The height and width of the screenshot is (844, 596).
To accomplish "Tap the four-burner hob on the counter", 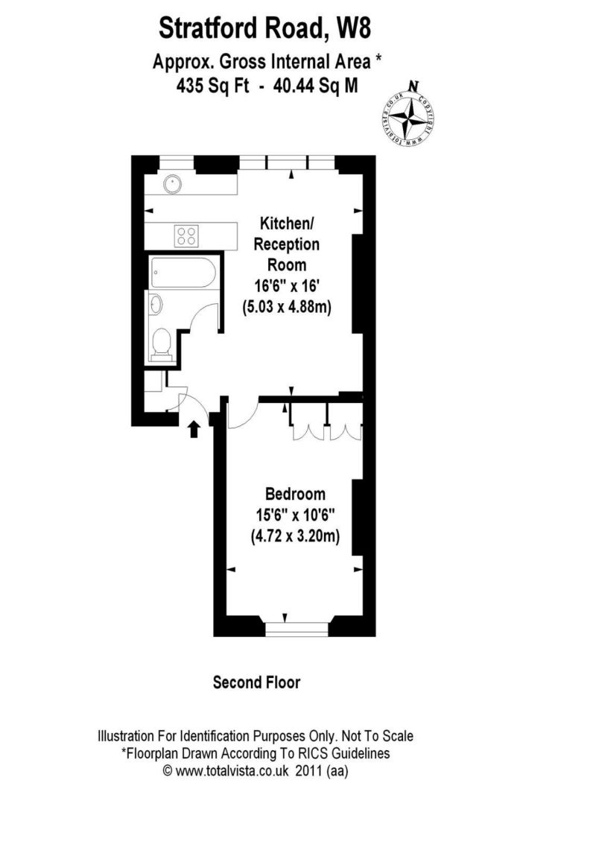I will click(x=187, y=235).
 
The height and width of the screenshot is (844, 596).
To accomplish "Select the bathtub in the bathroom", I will click(x=183, y=274).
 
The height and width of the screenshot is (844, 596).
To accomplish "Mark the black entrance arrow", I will click(x=194, y=428).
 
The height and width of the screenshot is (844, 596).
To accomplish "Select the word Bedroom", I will click(x=295, y=494).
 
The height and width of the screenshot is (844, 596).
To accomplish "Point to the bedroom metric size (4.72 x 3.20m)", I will click(x=295, y=536).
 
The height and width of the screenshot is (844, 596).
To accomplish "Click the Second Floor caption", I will click(x=256, y=682).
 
